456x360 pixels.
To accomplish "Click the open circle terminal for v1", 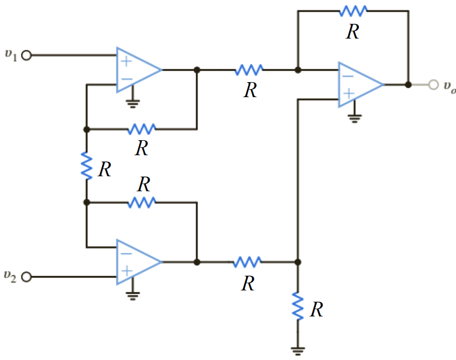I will pos(27,56).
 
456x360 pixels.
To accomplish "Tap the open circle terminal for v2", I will pos(27,276).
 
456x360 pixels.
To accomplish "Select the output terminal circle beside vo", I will pos(433,85).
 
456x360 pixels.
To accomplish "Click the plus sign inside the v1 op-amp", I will pos(126,62).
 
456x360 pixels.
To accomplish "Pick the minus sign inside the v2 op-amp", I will pos(126,253).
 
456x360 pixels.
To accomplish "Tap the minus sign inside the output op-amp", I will pos(348,76).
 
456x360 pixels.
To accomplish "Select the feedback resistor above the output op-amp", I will pos(353,11).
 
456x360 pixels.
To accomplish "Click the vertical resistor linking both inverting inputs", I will pos(87,166).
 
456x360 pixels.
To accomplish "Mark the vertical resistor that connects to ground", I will pos(298,307).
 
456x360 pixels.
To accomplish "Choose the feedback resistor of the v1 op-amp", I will pos(142,129).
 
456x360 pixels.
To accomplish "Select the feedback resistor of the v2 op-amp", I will pos(142,202).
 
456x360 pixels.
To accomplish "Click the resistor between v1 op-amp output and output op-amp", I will pos(249,70).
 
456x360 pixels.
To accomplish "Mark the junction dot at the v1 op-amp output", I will pos(197,70).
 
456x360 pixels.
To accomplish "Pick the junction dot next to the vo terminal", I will pos(408,85).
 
